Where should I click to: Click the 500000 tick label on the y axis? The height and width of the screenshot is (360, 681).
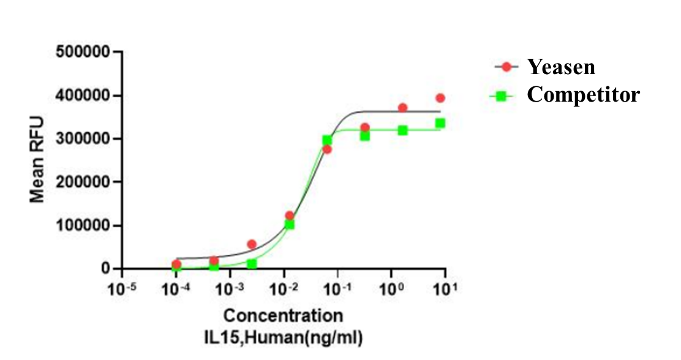click(x=84, y=52)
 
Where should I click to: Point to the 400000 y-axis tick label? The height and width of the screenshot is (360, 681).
click(x=84, y=96)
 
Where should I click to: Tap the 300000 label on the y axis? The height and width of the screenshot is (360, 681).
click(x=84, y=139)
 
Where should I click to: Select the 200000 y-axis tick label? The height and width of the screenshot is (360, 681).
click(x=84, y=182)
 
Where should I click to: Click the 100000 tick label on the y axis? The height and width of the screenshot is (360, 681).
click(x=84, y=225)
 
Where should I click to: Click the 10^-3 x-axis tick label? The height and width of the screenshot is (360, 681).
click(x=230, y=287)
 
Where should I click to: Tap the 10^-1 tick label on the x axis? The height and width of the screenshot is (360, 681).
click(x=337, y=287)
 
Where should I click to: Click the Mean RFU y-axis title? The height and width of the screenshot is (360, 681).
click(x=38, y=159)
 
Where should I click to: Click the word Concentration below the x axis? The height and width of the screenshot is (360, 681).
click(x=283, y=316)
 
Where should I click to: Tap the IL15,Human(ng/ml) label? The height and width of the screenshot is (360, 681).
click(x=283, y=336)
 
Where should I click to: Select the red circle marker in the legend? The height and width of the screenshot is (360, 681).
click(x=506, y=67)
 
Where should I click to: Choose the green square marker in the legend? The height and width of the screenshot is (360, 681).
click(x=502, y=96)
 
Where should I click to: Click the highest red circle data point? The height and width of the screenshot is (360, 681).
click(x=440, y=98)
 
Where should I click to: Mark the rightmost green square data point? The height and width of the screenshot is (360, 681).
click(x=440, y=123)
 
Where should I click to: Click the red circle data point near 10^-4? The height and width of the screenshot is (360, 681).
click(x=176, y=264)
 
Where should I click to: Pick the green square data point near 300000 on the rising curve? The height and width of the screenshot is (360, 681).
click(x=327, y=140)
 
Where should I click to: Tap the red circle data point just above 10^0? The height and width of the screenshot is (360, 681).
click(x=402, y=108)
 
